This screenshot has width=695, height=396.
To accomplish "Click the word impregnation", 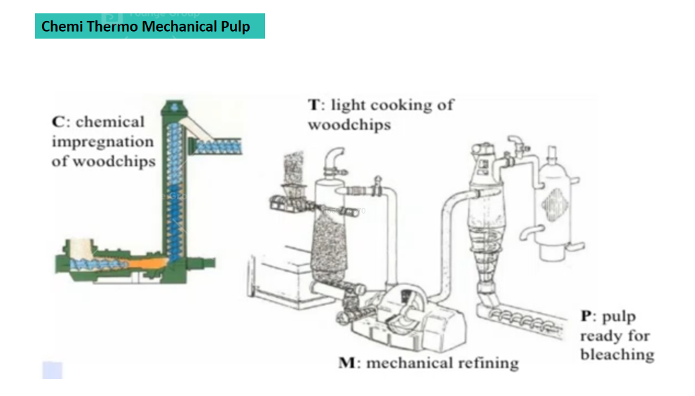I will tap(102, 142).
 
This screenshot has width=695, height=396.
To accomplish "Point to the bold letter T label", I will tap(315, 105).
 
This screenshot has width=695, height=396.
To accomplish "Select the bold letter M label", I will tap(347, 363).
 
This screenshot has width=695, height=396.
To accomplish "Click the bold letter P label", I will tap(586, 317).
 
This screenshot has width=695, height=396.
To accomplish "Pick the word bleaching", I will tap(616, 355).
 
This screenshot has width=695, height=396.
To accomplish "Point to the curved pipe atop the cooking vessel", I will tap(334, 158).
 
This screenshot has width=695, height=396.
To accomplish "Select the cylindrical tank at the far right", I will tap(553, 197).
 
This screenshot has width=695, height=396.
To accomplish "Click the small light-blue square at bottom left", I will tap(53, 370).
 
